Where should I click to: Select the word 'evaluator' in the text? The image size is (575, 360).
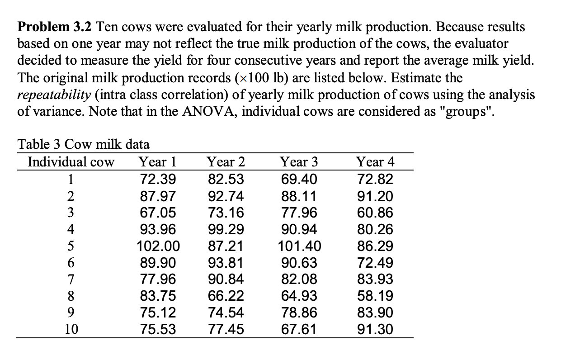tap(479, 44)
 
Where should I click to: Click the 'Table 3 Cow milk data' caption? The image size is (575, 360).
tap(83, 144)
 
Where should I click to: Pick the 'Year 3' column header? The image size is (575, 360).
tap(299, 161)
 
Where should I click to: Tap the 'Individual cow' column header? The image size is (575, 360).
tap(71, 161)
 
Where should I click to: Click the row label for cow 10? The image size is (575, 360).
tap(71, 329)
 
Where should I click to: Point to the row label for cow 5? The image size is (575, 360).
tap(71, 246)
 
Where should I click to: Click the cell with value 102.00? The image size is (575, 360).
tap(158, 246)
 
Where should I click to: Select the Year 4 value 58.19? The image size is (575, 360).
tap(375, 296)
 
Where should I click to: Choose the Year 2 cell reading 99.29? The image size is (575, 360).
tap(226, 229)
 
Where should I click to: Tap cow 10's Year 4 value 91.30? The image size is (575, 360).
tap(375, 329)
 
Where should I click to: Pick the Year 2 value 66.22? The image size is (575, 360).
tap(226, 296)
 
